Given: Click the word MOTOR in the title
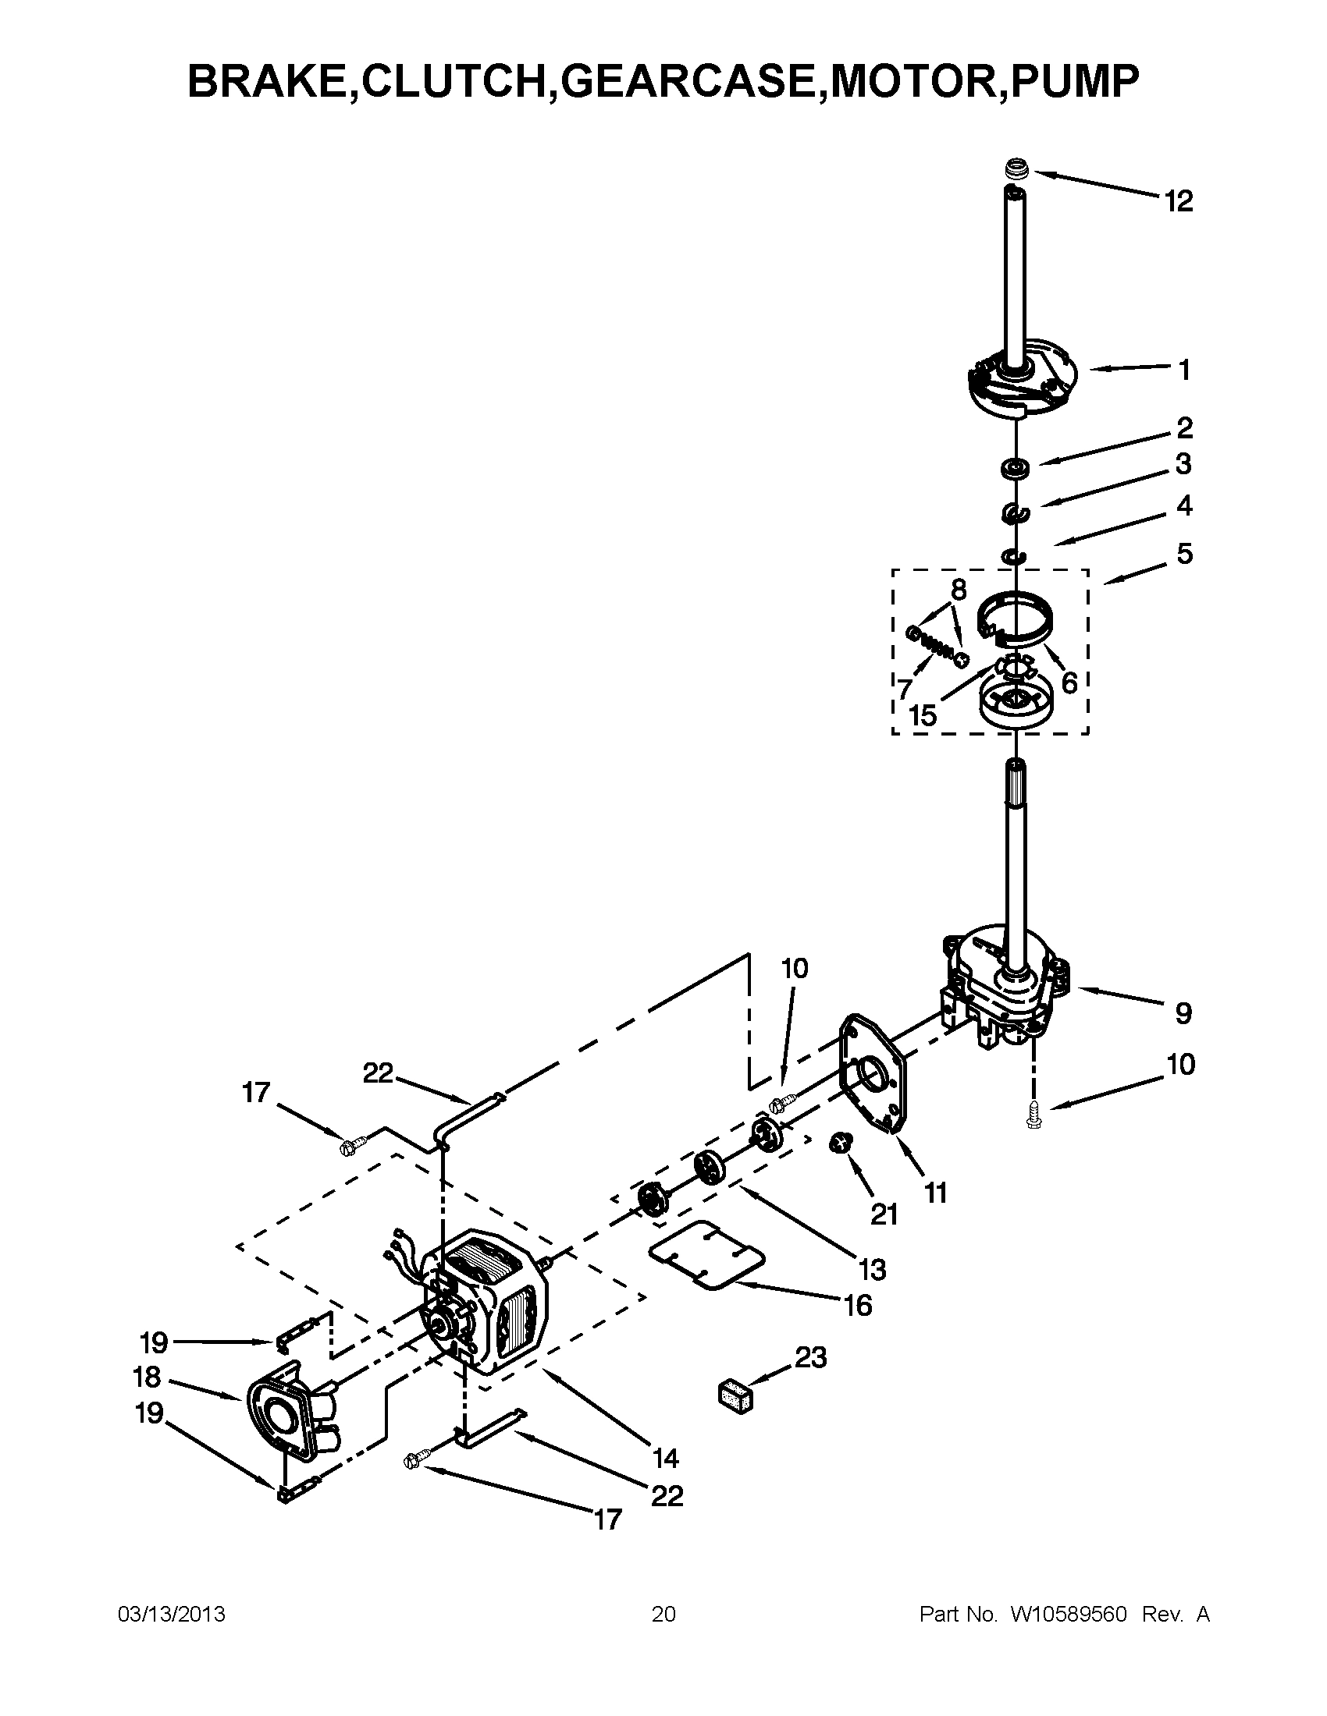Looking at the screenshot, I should pos(911,81).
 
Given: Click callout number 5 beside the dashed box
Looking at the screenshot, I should pos(1184,554).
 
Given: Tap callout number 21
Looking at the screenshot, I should pos(884,1214).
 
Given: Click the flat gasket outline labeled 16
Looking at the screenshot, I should pos(706,1255).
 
